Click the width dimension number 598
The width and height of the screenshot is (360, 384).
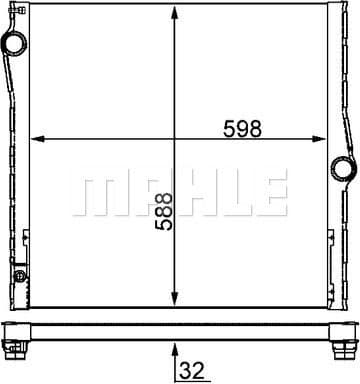tap(242, 127)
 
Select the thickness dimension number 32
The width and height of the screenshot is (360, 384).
tap(192, 369)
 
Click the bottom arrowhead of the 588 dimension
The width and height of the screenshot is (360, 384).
tap(176, 297)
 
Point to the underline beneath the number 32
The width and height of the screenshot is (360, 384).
tap(192, 380)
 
